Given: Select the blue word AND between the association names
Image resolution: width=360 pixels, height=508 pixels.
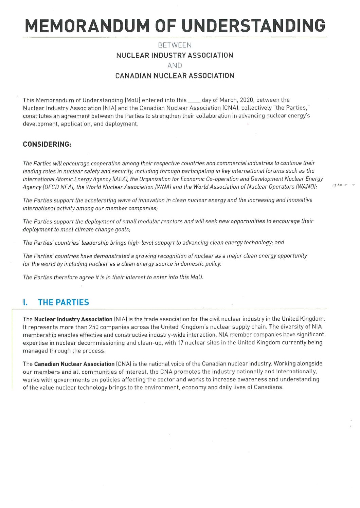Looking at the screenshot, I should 175,65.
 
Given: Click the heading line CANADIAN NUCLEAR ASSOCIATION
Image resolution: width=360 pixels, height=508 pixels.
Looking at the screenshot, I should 175,76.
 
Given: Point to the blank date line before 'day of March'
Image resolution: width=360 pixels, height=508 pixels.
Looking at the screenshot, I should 194,100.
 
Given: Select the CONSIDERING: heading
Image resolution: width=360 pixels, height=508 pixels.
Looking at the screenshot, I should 47,144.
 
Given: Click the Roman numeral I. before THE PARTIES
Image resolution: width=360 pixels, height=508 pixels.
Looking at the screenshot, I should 25,302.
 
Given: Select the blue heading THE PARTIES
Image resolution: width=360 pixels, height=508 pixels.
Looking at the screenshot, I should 64,302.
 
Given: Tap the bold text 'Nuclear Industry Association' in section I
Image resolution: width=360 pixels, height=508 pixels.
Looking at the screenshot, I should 73,319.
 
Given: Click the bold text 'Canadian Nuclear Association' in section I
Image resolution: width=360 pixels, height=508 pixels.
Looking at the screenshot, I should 74,364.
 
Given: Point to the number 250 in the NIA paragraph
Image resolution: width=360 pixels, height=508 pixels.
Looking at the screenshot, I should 93,327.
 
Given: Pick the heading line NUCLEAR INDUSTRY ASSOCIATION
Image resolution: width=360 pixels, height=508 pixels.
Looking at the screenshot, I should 175,55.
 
